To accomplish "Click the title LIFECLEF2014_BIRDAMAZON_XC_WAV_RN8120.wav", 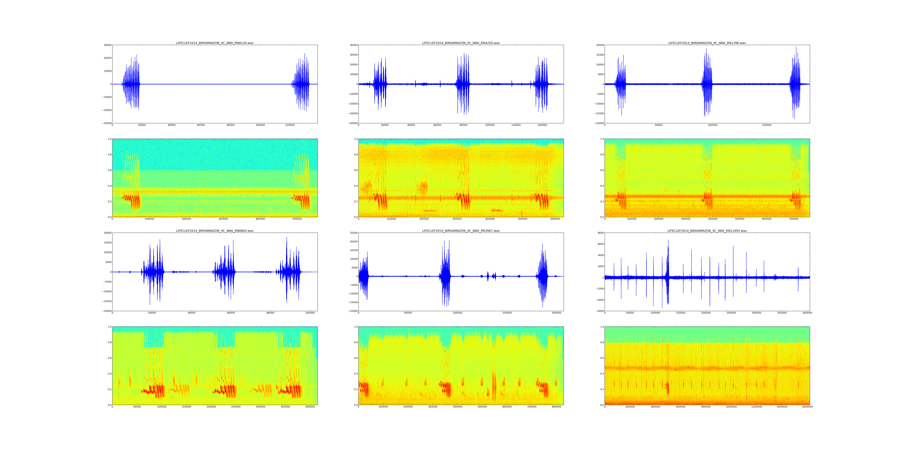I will pos(214,43).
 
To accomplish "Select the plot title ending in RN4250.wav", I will pos(461,43).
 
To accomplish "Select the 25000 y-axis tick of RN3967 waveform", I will pos(353,233).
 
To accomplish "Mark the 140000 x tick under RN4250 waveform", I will pos(542,125).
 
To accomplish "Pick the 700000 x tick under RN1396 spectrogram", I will pos(793,219).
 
